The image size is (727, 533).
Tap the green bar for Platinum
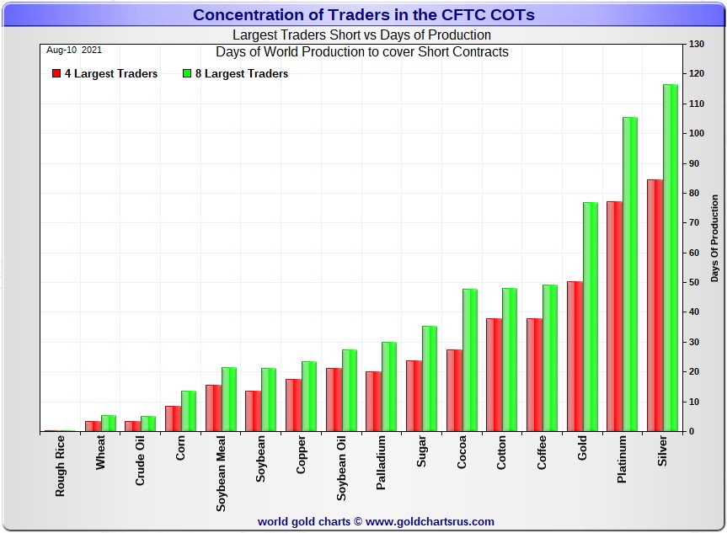(630, 274)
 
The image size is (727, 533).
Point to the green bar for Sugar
(430, 378)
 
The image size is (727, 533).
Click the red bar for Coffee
(534, 375)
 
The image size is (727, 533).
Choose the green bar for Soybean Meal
(229, 399)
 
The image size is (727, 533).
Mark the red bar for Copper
(293, 405)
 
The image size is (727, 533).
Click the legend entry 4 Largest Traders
(104, 74)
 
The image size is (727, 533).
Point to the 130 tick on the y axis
(697, 44)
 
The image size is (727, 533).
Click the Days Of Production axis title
(714, 238)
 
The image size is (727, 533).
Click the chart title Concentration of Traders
(363, 15)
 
